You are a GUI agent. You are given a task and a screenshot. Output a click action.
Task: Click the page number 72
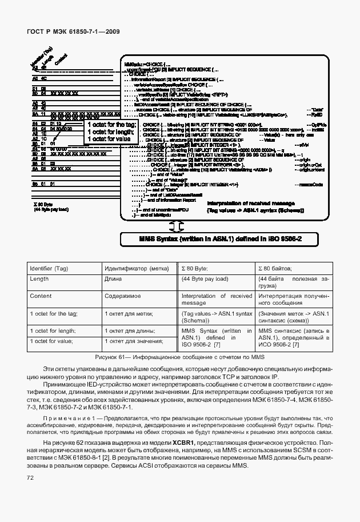point(29,477)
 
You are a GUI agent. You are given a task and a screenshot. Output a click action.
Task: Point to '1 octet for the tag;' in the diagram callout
point(111,124)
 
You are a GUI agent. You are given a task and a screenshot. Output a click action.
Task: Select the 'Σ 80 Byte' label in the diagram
point(43,204)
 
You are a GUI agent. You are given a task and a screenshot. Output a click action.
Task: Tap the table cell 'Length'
point(39,279)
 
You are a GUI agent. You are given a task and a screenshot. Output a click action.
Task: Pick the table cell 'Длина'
point(113,279)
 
